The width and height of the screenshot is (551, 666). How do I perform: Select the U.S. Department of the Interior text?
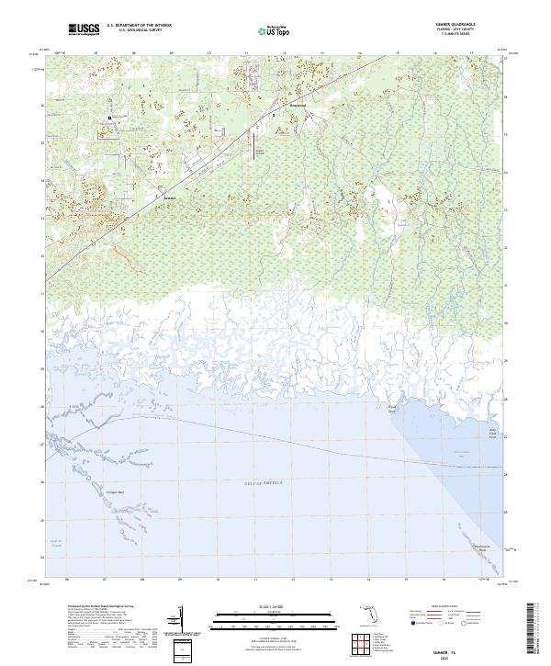(138, 26)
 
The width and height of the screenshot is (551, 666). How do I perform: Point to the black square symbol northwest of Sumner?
(109, 118)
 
